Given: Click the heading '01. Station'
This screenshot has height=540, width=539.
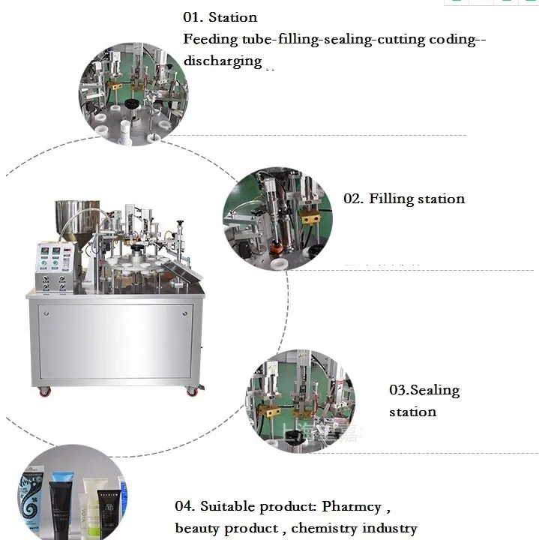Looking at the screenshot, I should [220, 17].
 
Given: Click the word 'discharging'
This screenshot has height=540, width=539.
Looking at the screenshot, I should [222, 61].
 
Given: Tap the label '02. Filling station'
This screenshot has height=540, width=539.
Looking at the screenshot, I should [404, 199].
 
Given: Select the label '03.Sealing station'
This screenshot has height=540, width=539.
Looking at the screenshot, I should [424, 400].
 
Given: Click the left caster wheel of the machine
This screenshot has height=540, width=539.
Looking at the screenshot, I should [44, 391].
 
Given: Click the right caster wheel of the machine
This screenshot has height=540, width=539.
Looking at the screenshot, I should [191, 391].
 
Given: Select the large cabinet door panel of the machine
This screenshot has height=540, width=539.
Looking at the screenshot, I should [115, 341].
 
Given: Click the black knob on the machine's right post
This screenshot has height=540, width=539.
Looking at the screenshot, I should [179, 223].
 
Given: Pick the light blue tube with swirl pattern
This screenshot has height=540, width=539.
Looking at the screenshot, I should [31, 499].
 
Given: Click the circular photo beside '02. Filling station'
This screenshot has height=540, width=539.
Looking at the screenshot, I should [277, 218].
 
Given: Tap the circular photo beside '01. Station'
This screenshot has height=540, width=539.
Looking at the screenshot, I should [133, 94].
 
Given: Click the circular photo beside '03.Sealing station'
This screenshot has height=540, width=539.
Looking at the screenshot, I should [300, 400].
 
